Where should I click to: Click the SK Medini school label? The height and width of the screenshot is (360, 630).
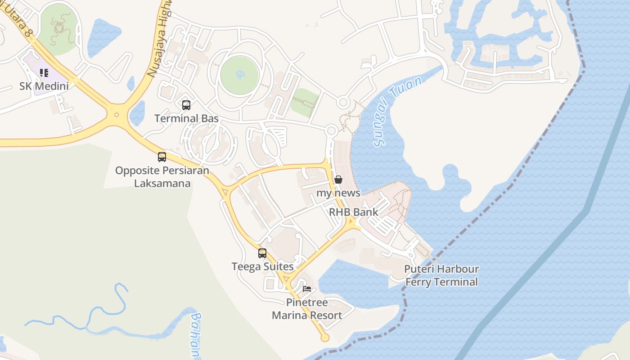(x=44, y=85)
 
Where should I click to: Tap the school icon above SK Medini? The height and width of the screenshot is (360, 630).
(x=44, y=72)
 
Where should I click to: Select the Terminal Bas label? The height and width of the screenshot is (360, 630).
(x=186, y=118)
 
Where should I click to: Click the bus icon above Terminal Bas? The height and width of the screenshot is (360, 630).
(x=186, y=105)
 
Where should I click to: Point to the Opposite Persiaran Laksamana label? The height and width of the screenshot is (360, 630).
(x=162, y=177)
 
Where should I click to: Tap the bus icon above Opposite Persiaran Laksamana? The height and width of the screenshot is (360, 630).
(x=162, y=157)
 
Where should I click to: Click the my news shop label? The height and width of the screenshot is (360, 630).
(x=338, y=193)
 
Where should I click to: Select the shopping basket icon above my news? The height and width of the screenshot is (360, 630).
(x=338, y=180)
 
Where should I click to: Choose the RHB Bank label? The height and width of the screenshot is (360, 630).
(x=353, y=212)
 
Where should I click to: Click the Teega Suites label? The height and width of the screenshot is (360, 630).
(x=262, y=266)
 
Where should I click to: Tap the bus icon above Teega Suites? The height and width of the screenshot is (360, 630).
(x=262, y=253)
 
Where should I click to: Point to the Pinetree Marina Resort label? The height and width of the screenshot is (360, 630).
(x=307, y=309)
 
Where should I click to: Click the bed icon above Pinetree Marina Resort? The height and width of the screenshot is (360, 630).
(x=307, y=289)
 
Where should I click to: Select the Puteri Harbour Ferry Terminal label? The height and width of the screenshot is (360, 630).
(x=441, y=275)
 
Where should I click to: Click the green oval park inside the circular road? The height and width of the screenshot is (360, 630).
(x=239, y=75)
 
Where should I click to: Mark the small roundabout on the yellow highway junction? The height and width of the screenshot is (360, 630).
(x=117, y=115)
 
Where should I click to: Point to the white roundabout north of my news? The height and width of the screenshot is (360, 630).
(x=332, y=131)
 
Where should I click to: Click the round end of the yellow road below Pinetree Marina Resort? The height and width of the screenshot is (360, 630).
(x=325, y=337)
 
